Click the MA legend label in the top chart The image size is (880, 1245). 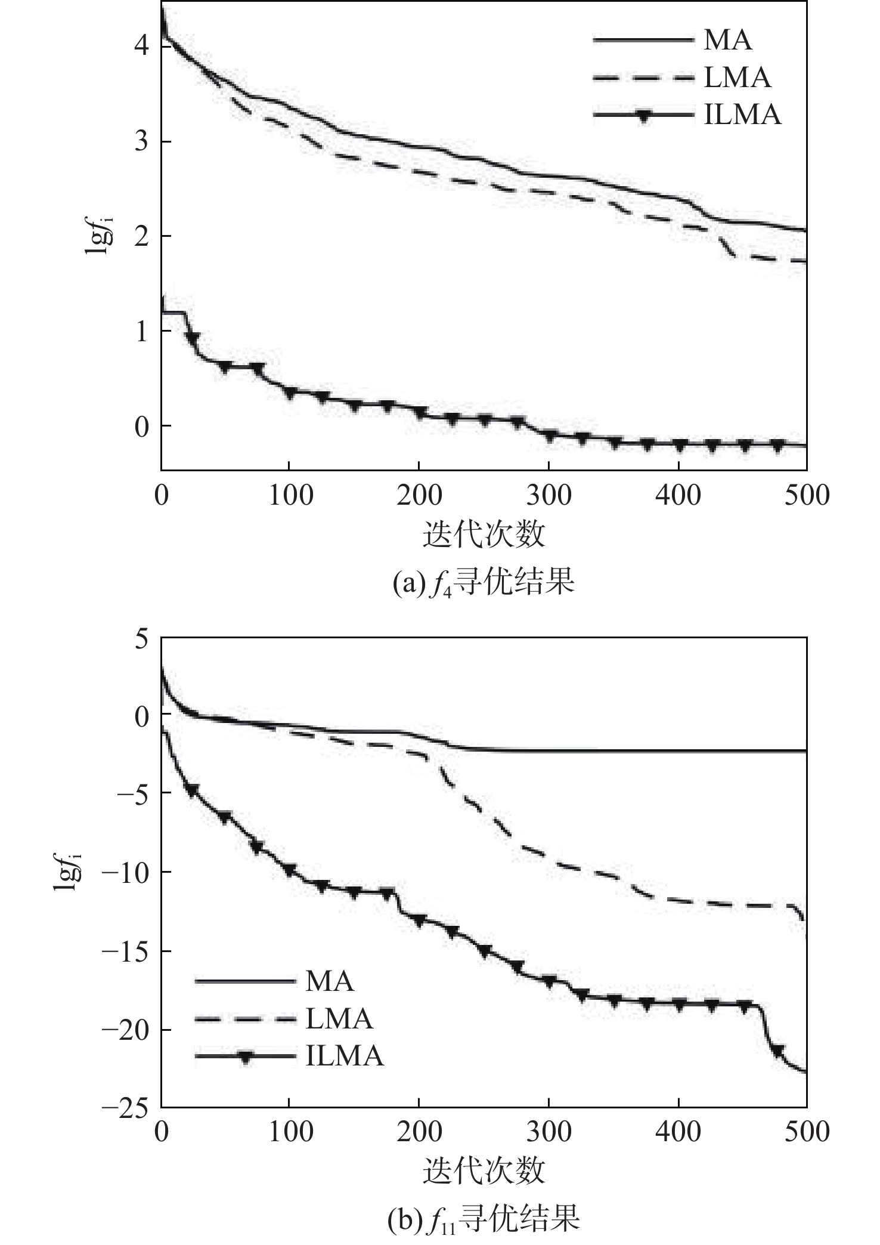[728, 41]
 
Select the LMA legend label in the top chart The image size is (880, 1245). [738, 78]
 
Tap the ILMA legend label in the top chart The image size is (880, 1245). [742, 115]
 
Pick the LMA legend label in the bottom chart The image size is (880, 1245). [339, 1018]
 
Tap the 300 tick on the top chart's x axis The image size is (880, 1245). [549, 495]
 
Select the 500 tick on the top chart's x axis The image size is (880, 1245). [806, 495]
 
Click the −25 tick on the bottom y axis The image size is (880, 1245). [124, 1109]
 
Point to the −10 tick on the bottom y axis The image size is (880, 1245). [124, 872]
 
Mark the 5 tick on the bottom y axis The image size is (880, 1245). [140, 639]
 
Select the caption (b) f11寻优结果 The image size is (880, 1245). [483, 1219]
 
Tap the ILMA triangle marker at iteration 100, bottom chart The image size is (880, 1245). [290, 870]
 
